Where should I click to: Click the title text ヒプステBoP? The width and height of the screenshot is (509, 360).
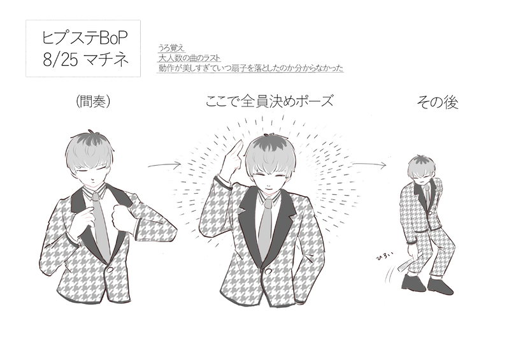[84, 38]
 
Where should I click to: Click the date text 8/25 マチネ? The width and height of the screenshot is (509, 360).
[86, 59]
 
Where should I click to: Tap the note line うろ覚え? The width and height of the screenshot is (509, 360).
[171, 48]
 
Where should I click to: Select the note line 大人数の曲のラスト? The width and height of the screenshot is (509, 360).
[189, 58]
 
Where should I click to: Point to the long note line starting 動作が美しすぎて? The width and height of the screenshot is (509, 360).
[250, 68]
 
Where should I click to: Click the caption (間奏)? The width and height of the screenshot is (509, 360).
[93, 101]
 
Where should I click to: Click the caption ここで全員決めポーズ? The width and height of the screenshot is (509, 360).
[269, 101]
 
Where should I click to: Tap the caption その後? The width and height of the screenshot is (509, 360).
[437, 102]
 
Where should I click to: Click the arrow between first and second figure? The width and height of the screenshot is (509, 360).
[164, 165]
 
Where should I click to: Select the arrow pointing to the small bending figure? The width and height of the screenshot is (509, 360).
[369, 164]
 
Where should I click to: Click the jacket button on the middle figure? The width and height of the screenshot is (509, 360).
[268, 271]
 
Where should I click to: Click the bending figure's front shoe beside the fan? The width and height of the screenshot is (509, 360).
[413, 283]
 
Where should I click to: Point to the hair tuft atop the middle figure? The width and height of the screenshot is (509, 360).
[269, 134]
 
